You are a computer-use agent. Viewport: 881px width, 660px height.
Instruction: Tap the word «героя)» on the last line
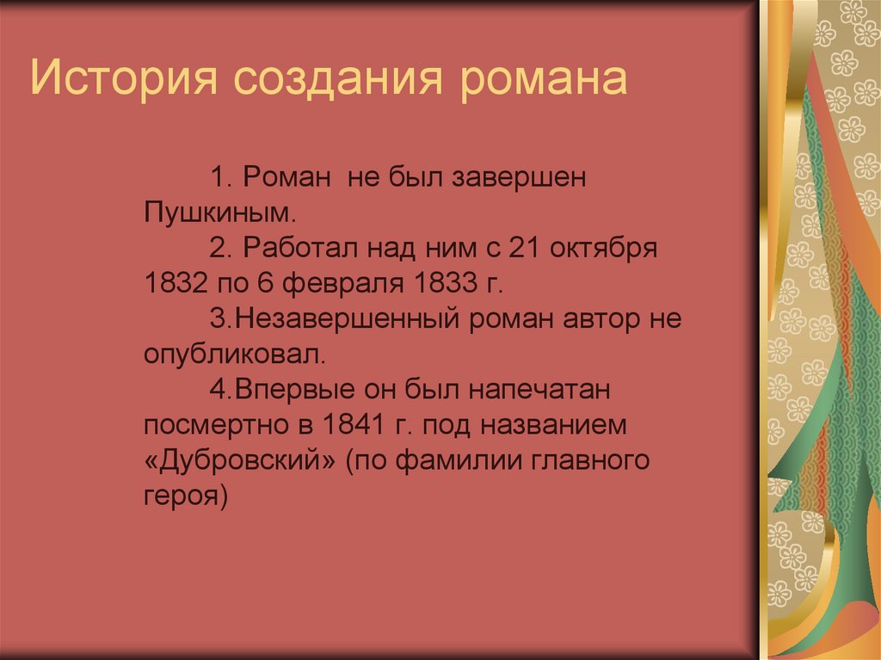click(x=185, y=496)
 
